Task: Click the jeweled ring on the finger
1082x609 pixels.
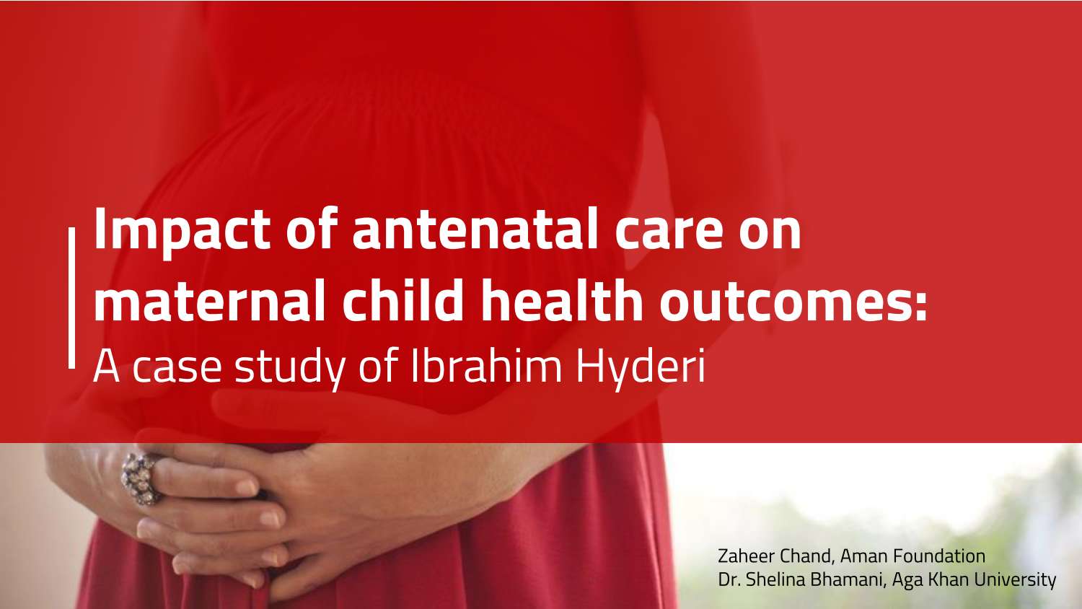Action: click(x=139, y=476)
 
